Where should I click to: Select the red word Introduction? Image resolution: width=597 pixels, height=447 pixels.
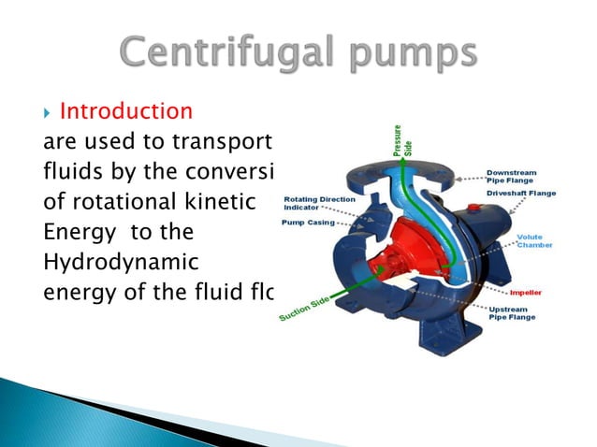(126, 112)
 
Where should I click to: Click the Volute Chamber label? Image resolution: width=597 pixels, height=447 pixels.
(534, 241)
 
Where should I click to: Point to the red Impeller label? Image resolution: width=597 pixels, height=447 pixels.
(531, 293)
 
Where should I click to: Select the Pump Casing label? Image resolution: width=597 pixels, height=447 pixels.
(309, 223)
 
